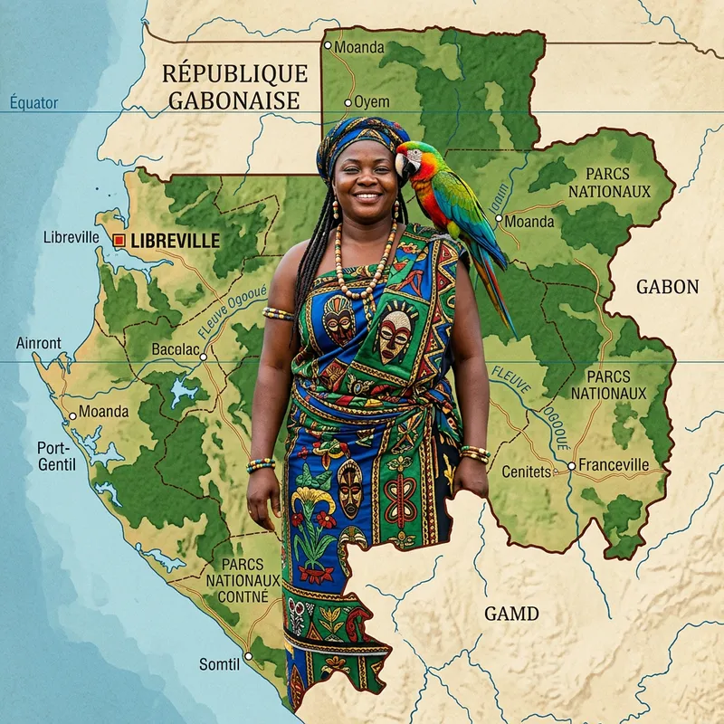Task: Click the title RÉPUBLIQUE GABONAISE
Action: pos(234,87)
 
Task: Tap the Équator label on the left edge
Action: pos(33,102)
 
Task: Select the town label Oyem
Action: pos(371,101)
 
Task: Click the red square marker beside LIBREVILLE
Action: pos(118,240)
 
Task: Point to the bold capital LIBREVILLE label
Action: pos(175,240)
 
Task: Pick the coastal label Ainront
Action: pos(39,343)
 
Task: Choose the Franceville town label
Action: pos(613,464)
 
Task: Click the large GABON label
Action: pos(667,287)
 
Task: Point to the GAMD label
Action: pos(511,614)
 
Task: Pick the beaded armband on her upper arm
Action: pos(278,314)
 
